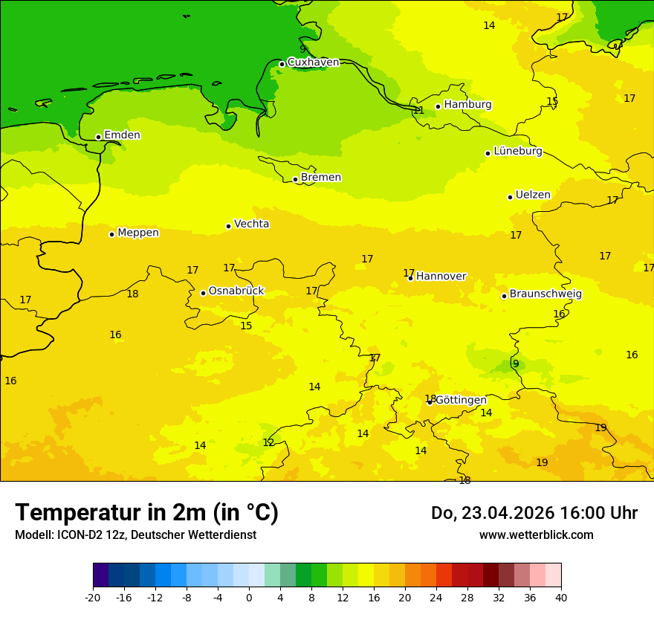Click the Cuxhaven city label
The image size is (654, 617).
coord(313,62)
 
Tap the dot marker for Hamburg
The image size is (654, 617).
coord(438,106)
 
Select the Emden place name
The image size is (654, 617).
coord(122,135)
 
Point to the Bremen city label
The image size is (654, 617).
coord(321,178)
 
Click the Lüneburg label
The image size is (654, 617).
coord(518,151)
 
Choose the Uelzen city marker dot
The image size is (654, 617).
coord(510,197)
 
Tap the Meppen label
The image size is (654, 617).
coord(138,233)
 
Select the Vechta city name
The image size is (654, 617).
coord(251,224)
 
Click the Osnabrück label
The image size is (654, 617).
coord(236,291)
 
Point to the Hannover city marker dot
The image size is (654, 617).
coord(410,278)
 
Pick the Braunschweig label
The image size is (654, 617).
coord(545,294)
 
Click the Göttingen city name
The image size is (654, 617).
coord(461,400)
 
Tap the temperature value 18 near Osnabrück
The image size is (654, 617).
coord(132,294)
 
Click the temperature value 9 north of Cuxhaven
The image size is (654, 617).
coord(302,49)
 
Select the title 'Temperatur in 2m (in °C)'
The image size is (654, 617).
coord(146,513)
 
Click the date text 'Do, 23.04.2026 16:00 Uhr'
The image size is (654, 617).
coord(534,513)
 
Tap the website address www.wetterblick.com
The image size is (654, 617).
coord(536,535)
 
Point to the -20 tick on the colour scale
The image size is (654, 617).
coord(93,597)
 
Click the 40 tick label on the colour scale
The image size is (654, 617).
coord(560,597)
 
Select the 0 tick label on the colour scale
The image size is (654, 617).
coord(249,597)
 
